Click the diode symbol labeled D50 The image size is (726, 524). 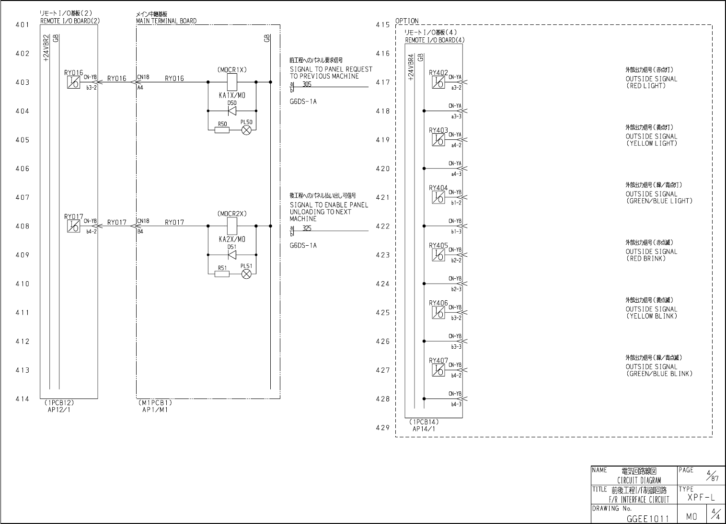pos(232,111)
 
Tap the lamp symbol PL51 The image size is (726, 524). pos(247,274)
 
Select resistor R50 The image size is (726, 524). pos(222,130)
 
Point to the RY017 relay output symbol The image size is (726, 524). pos(73,226)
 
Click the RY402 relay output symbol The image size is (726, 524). pos(438,82)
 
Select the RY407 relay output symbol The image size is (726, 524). pos(438,370)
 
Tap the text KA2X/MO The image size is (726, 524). pos(232,239)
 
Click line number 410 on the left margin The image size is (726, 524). pos(23,284)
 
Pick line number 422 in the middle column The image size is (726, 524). pos(383,227)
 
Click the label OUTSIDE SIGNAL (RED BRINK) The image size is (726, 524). pos(651,255)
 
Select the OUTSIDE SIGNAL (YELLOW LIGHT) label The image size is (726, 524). pos(651,140)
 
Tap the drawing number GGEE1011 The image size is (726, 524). pos(647,518)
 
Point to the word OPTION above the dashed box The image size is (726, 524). pos(407,21)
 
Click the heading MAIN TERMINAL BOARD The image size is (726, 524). pos(166,21)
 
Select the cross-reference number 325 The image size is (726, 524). pos(307,228)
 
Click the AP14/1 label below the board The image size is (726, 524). pos(424,429)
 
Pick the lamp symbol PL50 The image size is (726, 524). pos(247,130)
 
